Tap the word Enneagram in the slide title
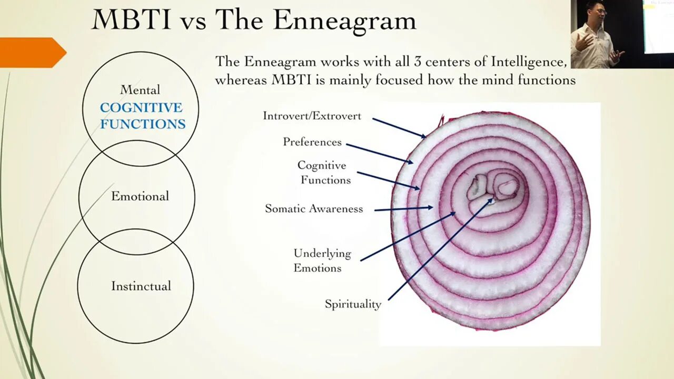pos(344,21)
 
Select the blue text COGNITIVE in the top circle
pos(141,107)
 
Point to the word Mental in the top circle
pos(140,90)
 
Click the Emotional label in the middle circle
pos(140,196)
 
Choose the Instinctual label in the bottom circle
pos(141,286)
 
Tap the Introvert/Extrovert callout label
pos(312,116)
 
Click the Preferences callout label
pos(312,142)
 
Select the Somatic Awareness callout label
pos(314,209)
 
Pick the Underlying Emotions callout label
pos(322,261)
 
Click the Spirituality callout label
pos(353,304)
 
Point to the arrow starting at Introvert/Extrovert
pos(399,128)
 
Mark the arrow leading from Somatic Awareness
pos(403,209)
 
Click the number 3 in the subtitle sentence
pos(417,62)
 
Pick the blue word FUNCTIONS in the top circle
pos(143,124)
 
